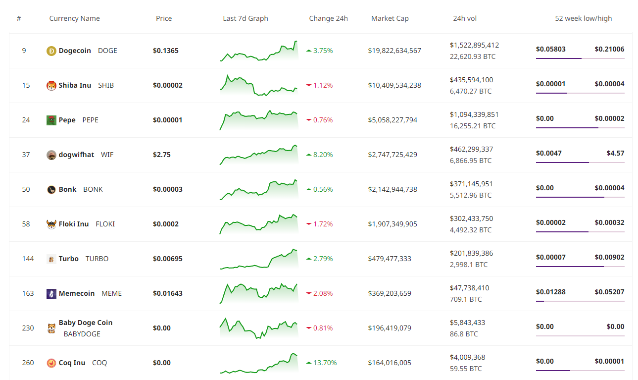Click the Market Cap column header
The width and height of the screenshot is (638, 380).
(390, 18)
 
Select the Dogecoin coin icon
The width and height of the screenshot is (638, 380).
(51, 51)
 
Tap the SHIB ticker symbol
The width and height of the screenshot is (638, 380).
(106, 85)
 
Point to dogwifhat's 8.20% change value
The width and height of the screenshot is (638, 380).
(323, 155)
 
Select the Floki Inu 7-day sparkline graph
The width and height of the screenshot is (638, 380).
(259, 224)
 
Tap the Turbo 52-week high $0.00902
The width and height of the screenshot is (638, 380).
(609, 257)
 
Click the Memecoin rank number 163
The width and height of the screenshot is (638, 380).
(28, 293)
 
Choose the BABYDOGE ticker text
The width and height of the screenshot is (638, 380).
(82, 334)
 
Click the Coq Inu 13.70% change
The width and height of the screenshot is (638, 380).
(325, 363)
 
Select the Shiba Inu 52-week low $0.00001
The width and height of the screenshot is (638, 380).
(550, 84)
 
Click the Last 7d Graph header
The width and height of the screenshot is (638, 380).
(245, 18)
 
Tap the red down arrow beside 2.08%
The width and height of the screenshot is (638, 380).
(309, 293)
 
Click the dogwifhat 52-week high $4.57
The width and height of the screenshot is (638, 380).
(615, 153)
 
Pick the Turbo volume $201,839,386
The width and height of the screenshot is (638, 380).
(471, 253)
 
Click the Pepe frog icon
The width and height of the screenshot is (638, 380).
(51, 120)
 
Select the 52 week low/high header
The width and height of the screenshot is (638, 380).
(583, 18)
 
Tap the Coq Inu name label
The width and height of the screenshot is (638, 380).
(72, 363)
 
